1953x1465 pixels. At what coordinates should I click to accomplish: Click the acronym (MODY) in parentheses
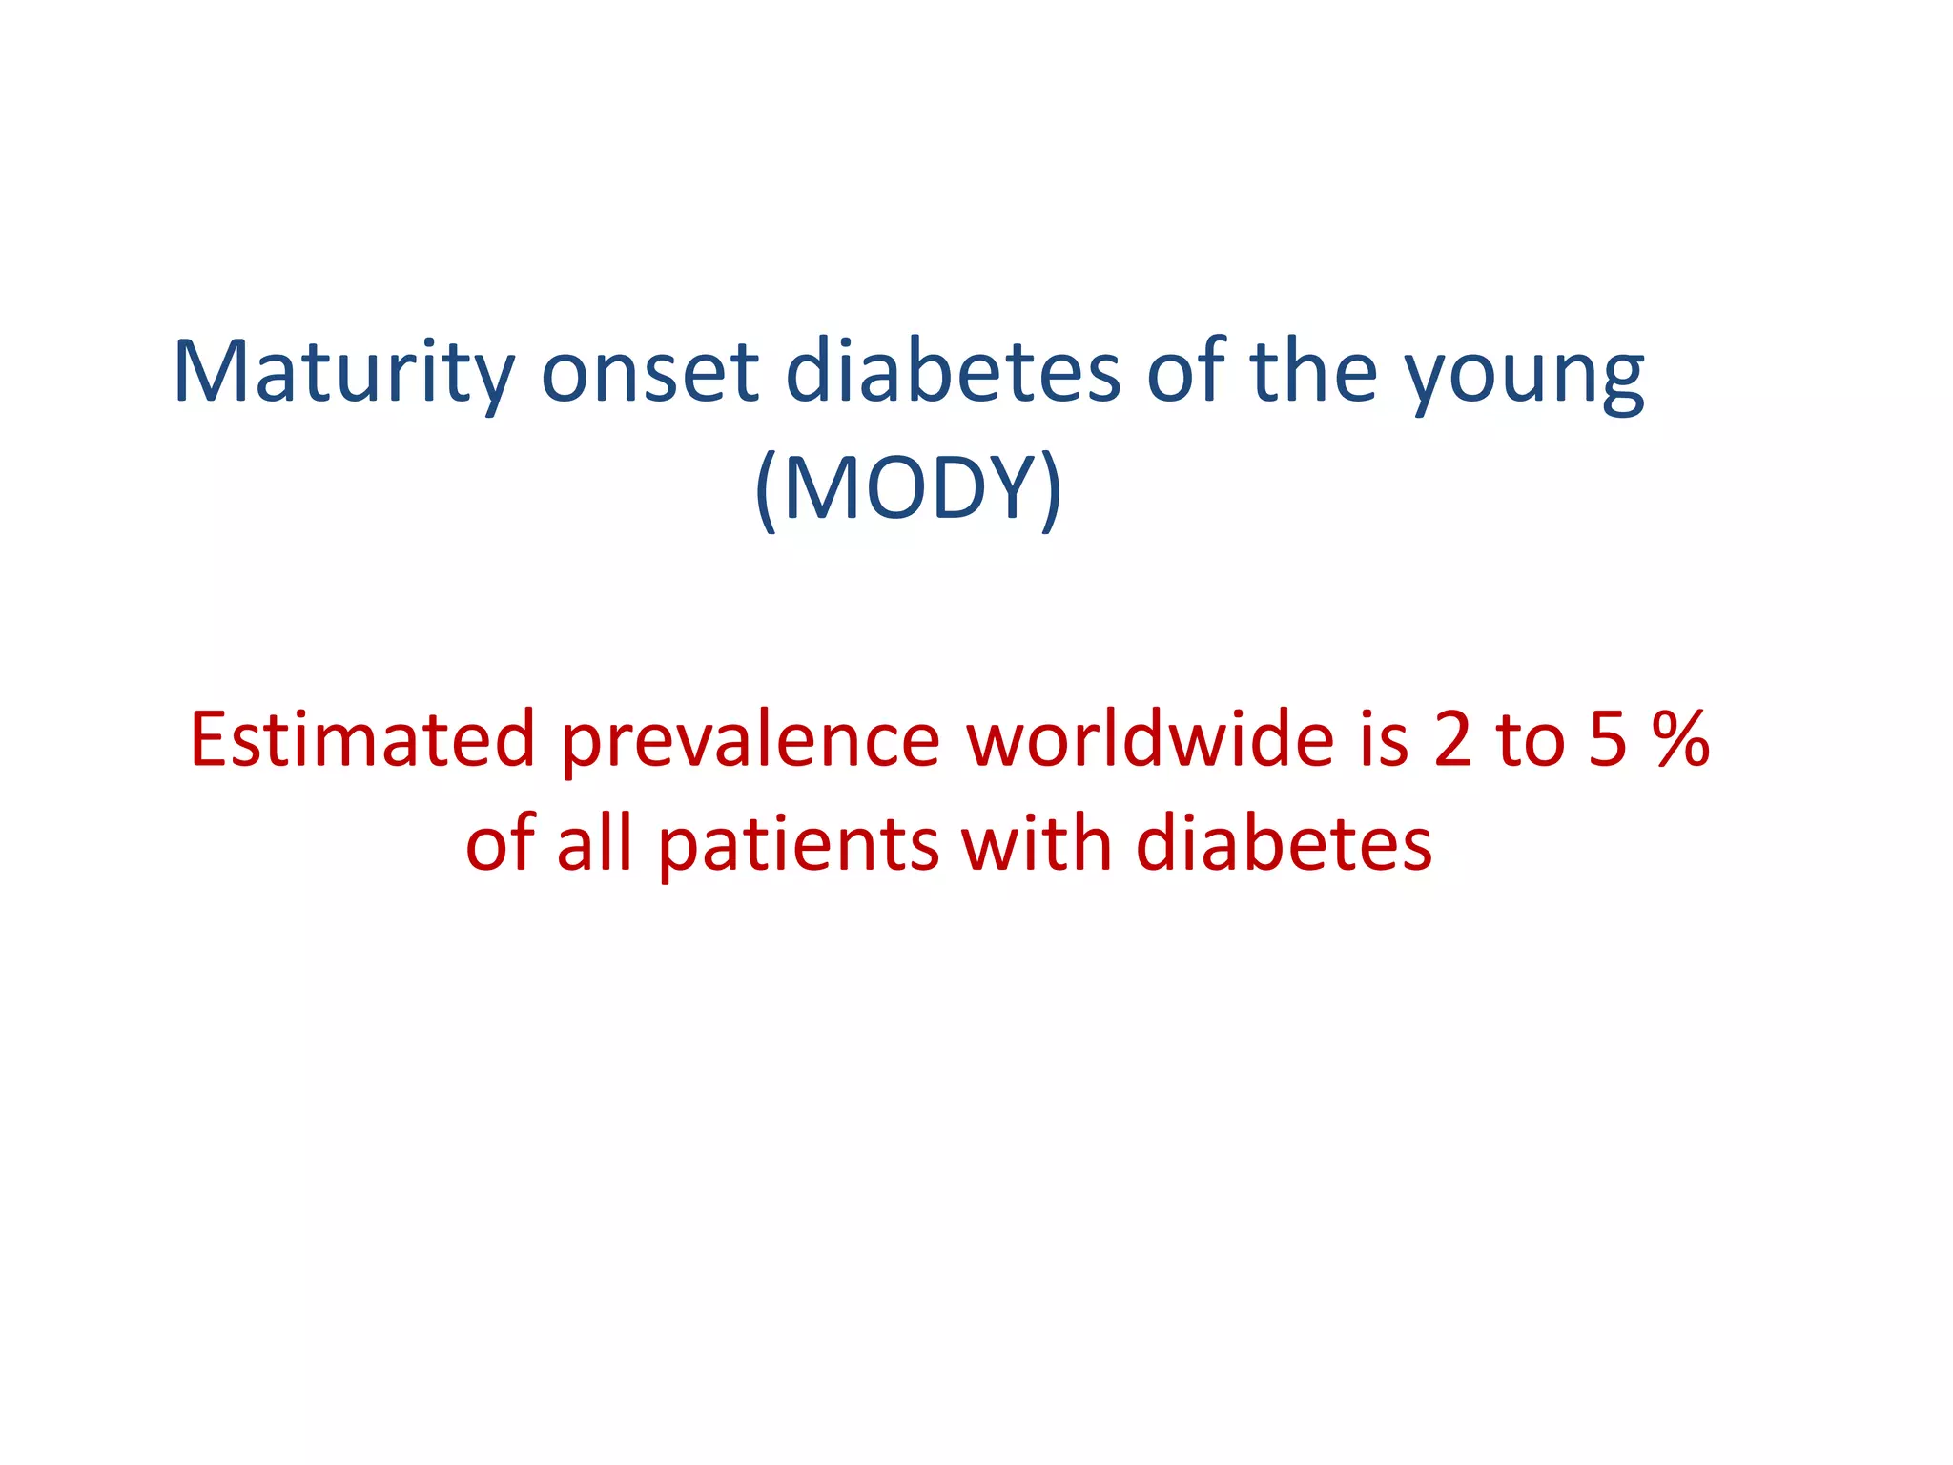[908, 488]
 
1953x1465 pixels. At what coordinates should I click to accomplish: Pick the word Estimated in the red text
[362, 739]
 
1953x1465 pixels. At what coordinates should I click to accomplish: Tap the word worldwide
[1149, 739]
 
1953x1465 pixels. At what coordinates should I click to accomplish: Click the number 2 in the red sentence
[1452, 741]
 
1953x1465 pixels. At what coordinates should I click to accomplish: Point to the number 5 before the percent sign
[1608, 741]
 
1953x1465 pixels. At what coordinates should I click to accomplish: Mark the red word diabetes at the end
[1284, 845]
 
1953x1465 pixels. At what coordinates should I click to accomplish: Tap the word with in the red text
[1037, 845]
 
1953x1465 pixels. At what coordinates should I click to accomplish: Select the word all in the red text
[594, 845]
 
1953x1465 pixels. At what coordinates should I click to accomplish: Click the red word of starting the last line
[501, 845]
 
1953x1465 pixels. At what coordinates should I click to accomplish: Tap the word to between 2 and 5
[1531, 741]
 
